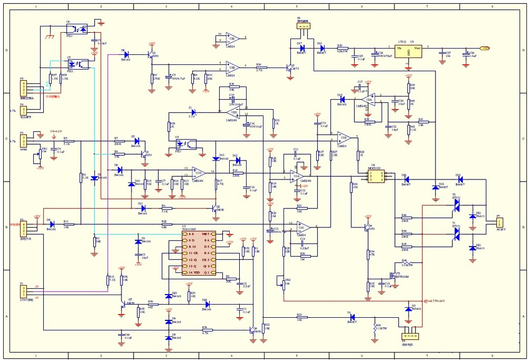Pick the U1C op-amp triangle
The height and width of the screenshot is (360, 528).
[301, 228]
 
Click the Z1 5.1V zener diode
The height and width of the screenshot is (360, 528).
[193, 112]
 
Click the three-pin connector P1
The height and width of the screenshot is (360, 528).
[23, 291]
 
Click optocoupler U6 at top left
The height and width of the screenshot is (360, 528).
[77, 30]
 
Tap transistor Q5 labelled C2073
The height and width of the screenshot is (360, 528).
[289, 69]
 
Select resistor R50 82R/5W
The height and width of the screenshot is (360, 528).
[340, 48]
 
